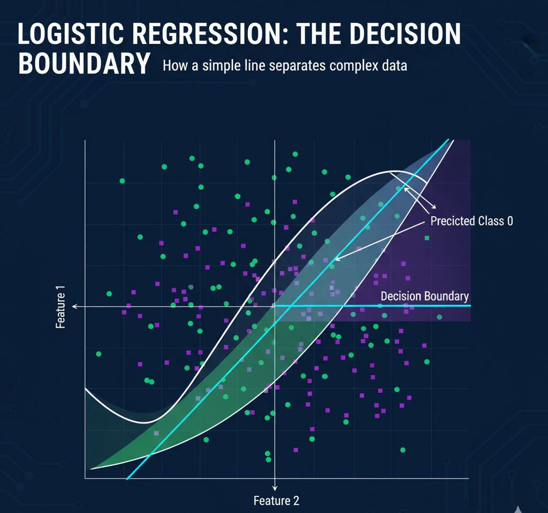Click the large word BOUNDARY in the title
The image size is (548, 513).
click(x=84, y=63)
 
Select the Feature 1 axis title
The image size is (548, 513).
click(x=60, y=307)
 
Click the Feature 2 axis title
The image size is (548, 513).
click(x=277, y=501)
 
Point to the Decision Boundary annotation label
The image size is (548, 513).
click(x=424, y=296)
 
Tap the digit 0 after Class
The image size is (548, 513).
click(x=510, y=221)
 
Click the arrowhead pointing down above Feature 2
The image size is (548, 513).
click(x=275, y=488)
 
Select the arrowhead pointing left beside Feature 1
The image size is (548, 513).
click(x=75, y=307)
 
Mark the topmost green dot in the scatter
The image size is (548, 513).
click(x=295, y=154)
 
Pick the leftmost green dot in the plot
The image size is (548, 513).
click(x=98, y=354)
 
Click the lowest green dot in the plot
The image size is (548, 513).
click(x=269, y=460)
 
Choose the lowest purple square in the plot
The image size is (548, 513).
click(x=295, y=450)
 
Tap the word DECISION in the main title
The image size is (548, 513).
click(x=405, y=34)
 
